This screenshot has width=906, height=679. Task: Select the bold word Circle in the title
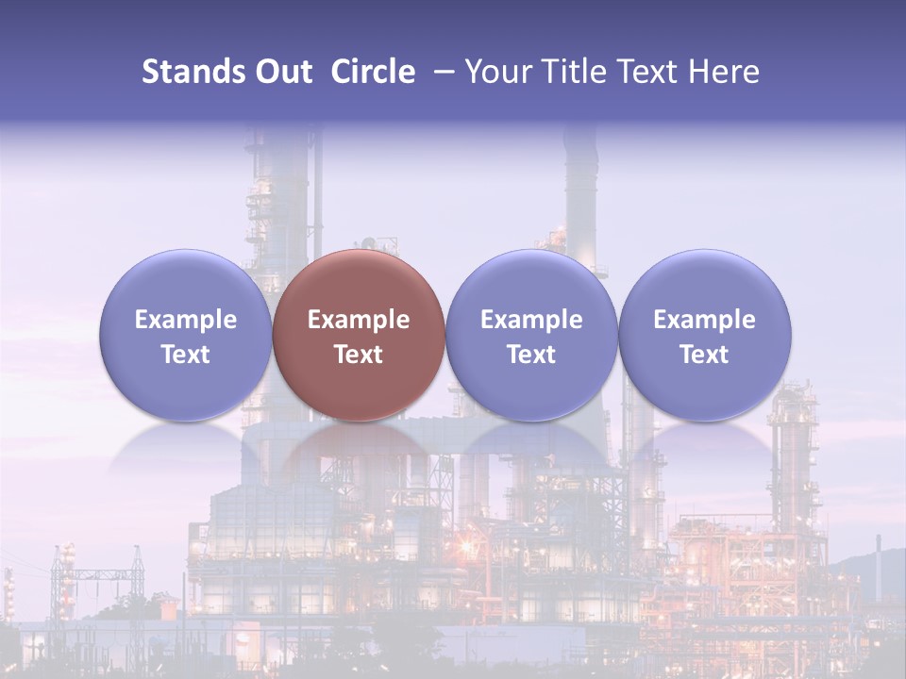point(373,72)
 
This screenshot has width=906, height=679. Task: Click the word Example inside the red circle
point(359,320)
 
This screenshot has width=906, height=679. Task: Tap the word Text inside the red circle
point(359,355)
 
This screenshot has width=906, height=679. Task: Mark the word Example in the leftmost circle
point(185,320)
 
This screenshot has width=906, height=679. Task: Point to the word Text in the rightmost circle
point(704,355)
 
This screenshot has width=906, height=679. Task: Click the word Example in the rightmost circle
point(704,320)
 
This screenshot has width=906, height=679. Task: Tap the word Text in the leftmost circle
point(185,355)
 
